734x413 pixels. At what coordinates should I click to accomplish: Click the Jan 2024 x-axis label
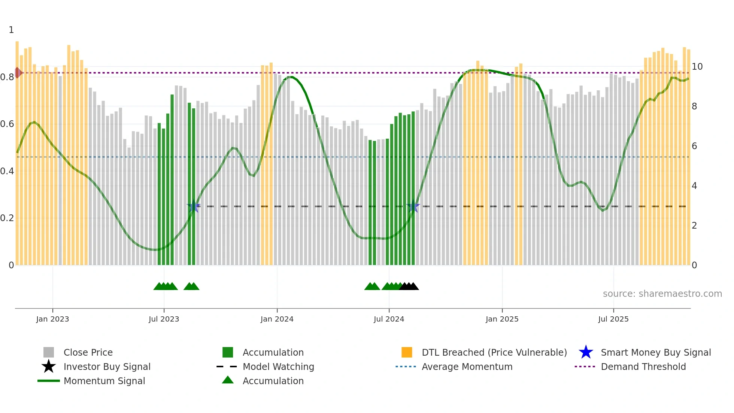point(277,319)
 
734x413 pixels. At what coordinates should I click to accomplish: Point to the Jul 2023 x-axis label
point(164,319)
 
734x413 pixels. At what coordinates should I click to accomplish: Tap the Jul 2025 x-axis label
point(613,319)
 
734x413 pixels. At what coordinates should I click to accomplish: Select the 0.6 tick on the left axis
point(7,124)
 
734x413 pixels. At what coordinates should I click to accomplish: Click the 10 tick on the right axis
point(697,67)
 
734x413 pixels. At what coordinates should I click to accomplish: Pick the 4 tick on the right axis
point(694,186)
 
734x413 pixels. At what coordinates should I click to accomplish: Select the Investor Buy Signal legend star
point(49,367)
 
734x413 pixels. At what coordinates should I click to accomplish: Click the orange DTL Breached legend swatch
point(407,352)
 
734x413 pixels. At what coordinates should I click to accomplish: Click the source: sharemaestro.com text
point(662,293)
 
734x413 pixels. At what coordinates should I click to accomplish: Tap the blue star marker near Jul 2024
point(413,206)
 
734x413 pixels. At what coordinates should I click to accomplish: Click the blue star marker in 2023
point(194,206)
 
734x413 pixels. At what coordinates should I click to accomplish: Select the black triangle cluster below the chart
point(409,286)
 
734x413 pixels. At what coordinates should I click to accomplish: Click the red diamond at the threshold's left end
point(18,73)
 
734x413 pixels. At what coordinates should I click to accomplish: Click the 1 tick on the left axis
point(11,30)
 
